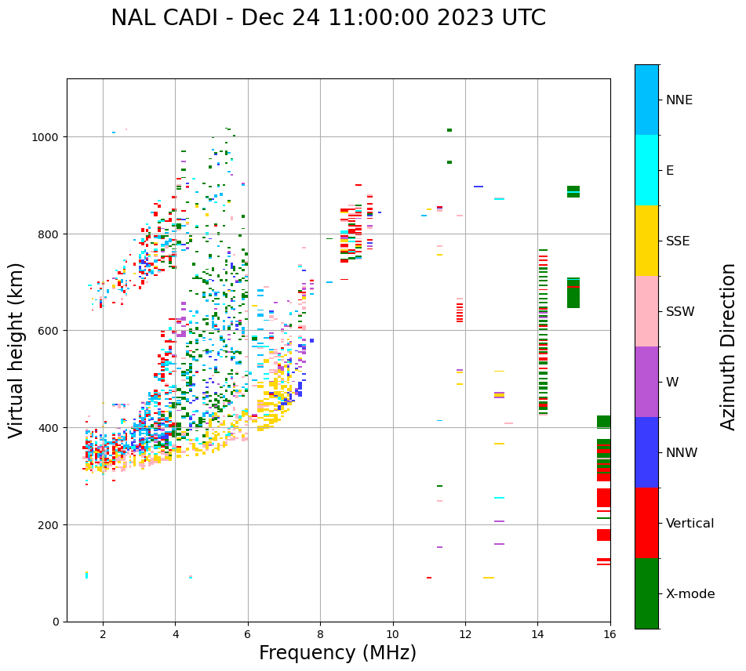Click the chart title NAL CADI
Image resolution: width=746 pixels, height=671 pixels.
pos(328,18)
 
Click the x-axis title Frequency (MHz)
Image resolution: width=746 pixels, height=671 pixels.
pos(337,653)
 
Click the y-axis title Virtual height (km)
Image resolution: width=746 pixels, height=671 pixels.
pos(16,350)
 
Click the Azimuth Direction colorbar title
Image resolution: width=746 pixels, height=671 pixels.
pos(729,346)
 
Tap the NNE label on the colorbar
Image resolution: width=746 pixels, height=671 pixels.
pos(679,100)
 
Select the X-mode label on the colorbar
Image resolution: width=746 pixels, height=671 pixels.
pos(690,594)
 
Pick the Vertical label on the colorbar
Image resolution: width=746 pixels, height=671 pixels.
pos(690,524)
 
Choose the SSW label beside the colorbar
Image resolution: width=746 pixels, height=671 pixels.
pos(680,312)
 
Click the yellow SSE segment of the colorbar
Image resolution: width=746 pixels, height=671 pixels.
pos(646,241)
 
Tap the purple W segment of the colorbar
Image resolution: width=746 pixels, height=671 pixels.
pos(646,382)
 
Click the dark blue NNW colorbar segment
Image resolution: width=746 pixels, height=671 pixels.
pos(646,452)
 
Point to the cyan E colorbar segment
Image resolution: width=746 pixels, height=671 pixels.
pos(646,170)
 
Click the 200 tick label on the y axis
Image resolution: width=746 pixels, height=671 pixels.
pos(49,524)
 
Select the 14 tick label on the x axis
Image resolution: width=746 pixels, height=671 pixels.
pos(537,633)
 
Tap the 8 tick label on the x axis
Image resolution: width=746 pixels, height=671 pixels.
pos(320,633)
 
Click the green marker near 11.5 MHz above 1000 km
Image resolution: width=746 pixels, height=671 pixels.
pos(449,130)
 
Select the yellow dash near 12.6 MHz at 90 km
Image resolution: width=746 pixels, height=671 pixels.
pos(488,578)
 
